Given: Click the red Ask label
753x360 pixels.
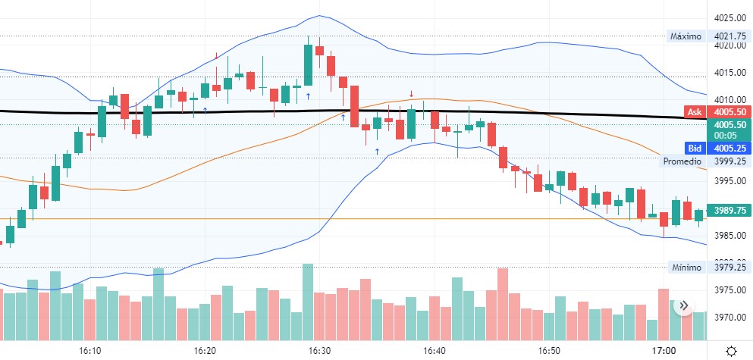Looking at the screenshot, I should [694, 112].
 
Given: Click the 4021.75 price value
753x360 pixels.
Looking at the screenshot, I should [729, 36].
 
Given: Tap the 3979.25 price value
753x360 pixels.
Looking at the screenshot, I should [729, 267].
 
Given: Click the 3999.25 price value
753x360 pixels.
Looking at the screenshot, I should [729, 161].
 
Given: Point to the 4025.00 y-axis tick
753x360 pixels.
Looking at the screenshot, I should [729, 18].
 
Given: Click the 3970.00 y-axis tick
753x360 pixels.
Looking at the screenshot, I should [729, 317].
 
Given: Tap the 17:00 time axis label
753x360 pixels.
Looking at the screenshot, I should [664, 351].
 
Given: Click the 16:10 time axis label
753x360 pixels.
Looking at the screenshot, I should [90, 351].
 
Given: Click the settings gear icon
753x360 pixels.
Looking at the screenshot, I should [731, 351].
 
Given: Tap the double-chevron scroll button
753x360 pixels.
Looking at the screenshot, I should [682, 305].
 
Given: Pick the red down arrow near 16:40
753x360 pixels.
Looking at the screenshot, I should [412, 93].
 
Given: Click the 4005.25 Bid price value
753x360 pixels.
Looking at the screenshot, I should [729, 148].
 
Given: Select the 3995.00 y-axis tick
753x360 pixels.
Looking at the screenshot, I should [729, 180].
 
